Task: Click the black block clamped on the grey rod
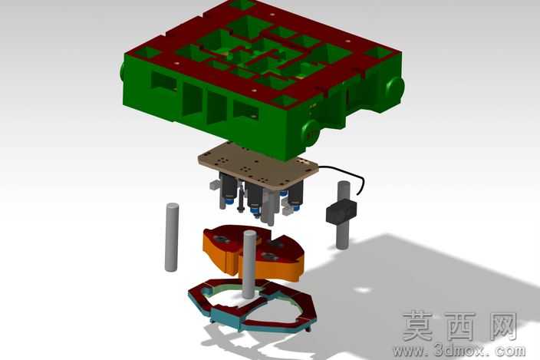point(341,211)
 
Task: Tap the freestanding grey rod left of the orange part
point(172,237)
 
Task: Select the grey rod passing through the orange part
point(249,263)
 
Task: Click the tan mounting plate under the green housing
point(258,165)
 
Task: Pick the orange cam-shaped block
point(253,253)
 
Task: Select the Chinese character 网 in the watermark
point(499,326)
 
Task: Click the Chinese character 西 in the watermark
point(459,326)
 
